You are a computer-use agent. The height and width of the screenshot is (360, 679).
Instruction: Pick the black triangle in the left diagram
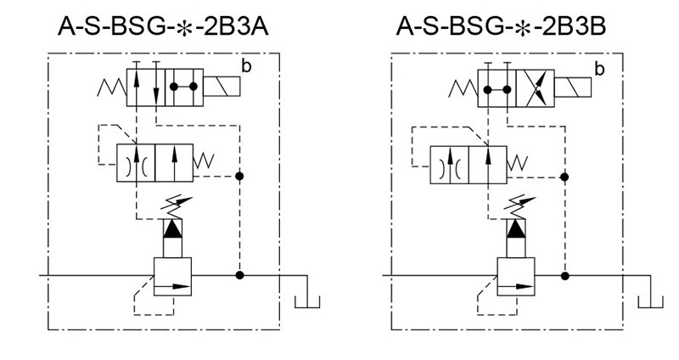[x=172, y=228]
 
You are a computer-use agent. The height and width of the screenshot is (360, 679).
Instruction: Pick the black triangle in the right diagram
[x=516, y=228]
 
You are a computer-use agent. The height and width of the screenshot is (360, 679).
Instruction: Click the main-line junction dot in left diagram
[x=240, y=275]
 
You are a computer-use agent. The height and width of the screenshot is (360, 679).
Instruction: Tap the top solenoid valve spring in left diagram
[x=112, y=87]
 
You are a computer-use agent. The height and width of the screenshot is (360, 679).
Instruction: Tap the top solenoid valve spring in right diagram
[x=463, y=87]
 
